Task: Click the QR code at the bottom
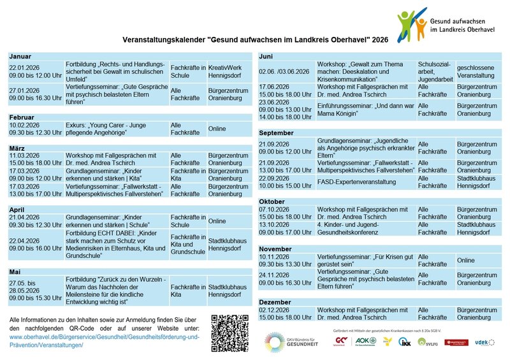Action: tap(229, 333)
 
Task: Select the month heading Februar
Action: tap(22, 118)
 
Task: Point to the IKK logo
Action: tap(404, 342)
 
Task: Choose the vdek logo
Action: tap(484, 342)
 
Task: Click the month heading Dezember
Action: tap(275, 301)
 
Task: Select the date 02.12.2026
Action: tap(275, 310)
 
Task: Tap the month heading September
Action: tap(277, 133)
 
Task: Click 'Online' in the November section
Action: tap(466, 260)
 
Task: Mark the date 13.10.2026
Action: tap(275, 224)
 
